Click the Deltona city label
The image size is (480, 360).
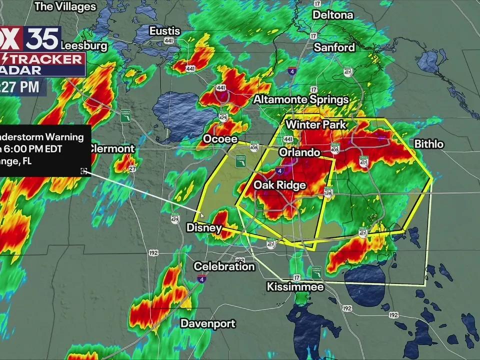(x=332, y=15)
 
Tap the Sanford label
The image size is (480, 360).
(x=334, y=47)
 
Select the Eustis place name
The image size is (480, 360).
(x=164, y=31)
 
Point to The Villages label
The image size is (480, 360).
(x=65, y=6)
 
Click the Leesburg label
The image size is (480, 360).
(x=84, y=45)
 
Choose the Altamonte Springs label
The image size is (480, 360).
(x=300, y=99)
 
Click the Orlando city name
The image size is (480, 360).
(x=299, y=152)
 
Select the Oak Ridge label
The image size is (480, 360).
(x=279, y=185)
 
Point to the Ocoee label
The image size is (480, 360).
(x=219, y=138)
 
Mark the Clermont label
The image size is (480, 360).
(x=111, y=148)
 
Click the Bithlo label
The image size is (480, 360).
(x=429, y=144)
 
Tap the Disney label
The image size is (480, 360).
(x=204, y=228)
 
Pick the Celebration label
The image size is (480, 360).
(x=224, y=266)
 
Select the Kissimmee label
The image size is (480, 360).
(x=295, y=287)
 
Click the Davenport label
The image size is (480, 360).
(x=207, y=323)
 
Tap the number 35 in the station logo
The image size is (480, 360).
(x=43, y=38)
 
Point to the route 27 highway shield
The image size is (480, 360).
(x=132, y=169)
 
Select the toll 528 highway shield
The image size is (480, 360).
(x=328, y=191)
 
